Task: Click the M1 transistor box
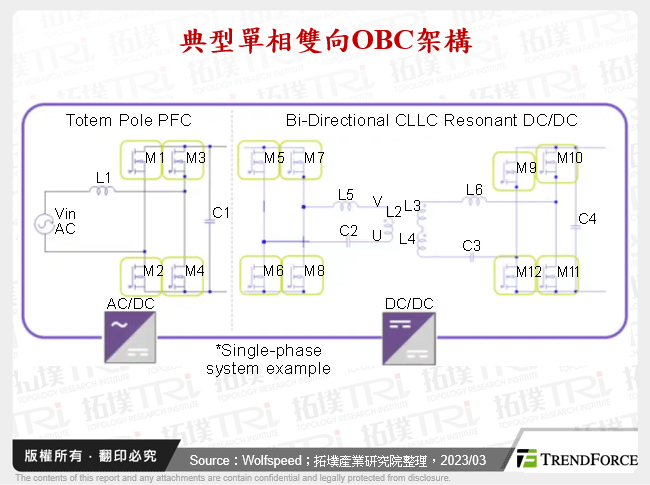coord(142,158)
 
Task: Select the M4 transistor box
coord(187,272)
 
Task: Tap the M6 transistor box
coord(260,271)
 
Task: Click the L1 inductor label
coord(103,177)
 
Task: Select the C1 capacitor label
coord(222,213)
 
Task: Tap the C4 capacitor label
coord(588,219)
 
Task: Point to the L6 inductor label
coord(474,189)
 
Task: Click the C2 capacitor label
coord(348,230)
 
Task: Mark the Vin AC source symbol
coord(44,222)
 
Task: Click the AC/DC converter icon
coord(129,336)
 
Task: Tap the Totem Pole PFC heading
coord(129,120)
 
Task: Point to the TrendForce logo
coord(577,459)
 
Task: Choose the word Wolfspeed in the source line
coord(273,460)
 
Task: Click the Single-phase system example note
coord(268,359)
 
